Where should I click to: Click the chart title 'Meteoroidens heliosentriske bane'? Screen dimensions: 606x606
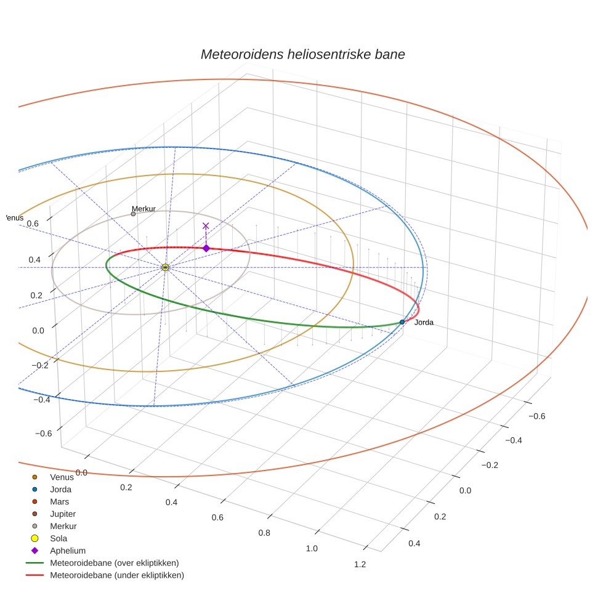pos(302,54)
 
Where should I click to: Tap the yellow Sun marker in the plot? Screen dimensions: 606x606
pos(165,267)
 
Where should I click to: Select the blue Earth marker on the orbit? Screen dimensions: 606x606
pos(402,322)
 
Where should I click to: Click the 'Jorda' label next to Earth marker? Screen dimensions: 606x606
pos(424,323)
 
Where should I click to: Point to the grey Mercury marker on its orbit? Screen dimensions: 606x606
pos(133,214)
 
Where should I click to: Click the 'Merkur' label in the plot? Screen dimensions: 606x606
pos(143,209)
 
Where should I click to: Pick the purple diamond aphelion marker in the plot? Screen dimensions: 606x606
pos(206,248)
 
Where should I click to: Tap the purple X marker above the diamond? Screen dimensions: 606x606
pos(206,226)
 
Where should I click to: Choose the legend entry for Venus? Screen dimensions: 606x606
pos(62,477)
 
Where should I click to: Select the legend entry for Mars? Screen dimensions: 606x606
pos(60,502)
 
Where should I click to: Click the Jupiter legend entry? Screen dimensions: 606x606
pos(63,514)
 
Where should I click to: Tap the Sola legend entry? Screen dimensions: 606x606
pos(59,538)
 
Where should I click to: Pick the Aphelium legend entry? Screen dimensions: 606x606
pos(68,551)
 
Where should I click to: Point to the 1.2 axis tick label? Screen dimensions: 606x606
pos(360,565)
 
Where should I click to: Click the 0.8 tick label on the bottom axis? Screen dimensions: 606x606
pos(265,533)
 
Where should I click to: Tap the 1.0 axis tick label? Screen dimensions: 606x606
pos(312,549)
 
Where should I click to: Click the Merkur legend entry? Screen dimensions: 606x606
pos(63,526)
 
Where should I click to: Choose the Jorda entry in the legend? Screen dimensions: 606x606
pos(60,490)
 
